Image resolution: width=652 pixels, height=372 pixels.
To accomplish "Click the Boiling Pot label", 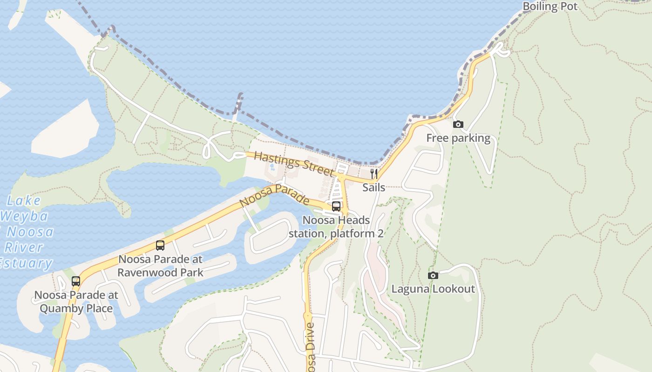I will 550,7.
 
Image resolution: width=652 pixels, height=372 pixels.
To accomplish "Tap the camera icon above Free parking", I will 458,124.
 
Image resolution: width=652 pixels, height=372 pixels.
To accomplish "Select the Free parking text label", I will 458,138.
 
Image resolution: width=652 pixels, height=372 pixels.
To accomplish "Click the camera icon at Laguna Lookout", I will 433,275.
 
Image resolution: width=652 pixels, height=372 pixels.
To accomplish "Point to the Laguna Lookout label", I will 433,289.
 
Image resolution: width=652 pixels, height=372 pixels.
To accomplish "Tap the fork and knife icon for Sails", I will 374,174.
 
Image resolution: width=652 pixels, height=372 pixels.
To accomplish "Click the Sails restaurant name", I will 374,187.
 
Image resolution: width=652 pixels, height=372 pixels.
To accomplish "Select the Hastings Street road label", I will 294,164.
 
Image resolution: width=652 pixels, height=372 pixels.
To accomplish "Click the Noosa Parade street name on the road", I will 274,195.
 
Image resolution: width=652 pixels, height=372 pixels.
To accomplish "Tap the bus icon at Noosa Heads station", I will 336,206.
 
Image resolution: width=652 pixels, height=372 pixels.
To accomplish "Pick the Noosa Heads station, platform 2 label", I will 336,227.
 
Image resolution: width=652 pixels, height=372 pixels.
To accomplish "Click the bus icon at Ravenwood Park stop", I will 160,246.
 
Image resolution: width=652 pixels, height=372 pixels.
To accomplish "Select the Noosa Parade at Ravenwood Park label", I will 160,266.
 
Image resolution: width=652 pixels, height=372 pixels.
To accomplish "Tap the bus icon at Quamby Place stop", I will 76,281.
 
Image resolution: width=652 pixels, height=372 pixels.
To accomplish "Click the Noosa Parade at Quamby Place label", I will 76,302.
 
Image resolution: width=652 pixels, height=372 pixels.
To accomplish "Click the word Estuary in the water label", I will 26,263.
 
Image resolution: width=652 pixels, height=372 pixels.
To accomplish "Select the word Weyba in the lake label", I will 24,216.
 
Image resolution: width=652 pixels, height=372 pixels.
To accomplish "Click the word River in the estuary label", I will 23,247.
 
